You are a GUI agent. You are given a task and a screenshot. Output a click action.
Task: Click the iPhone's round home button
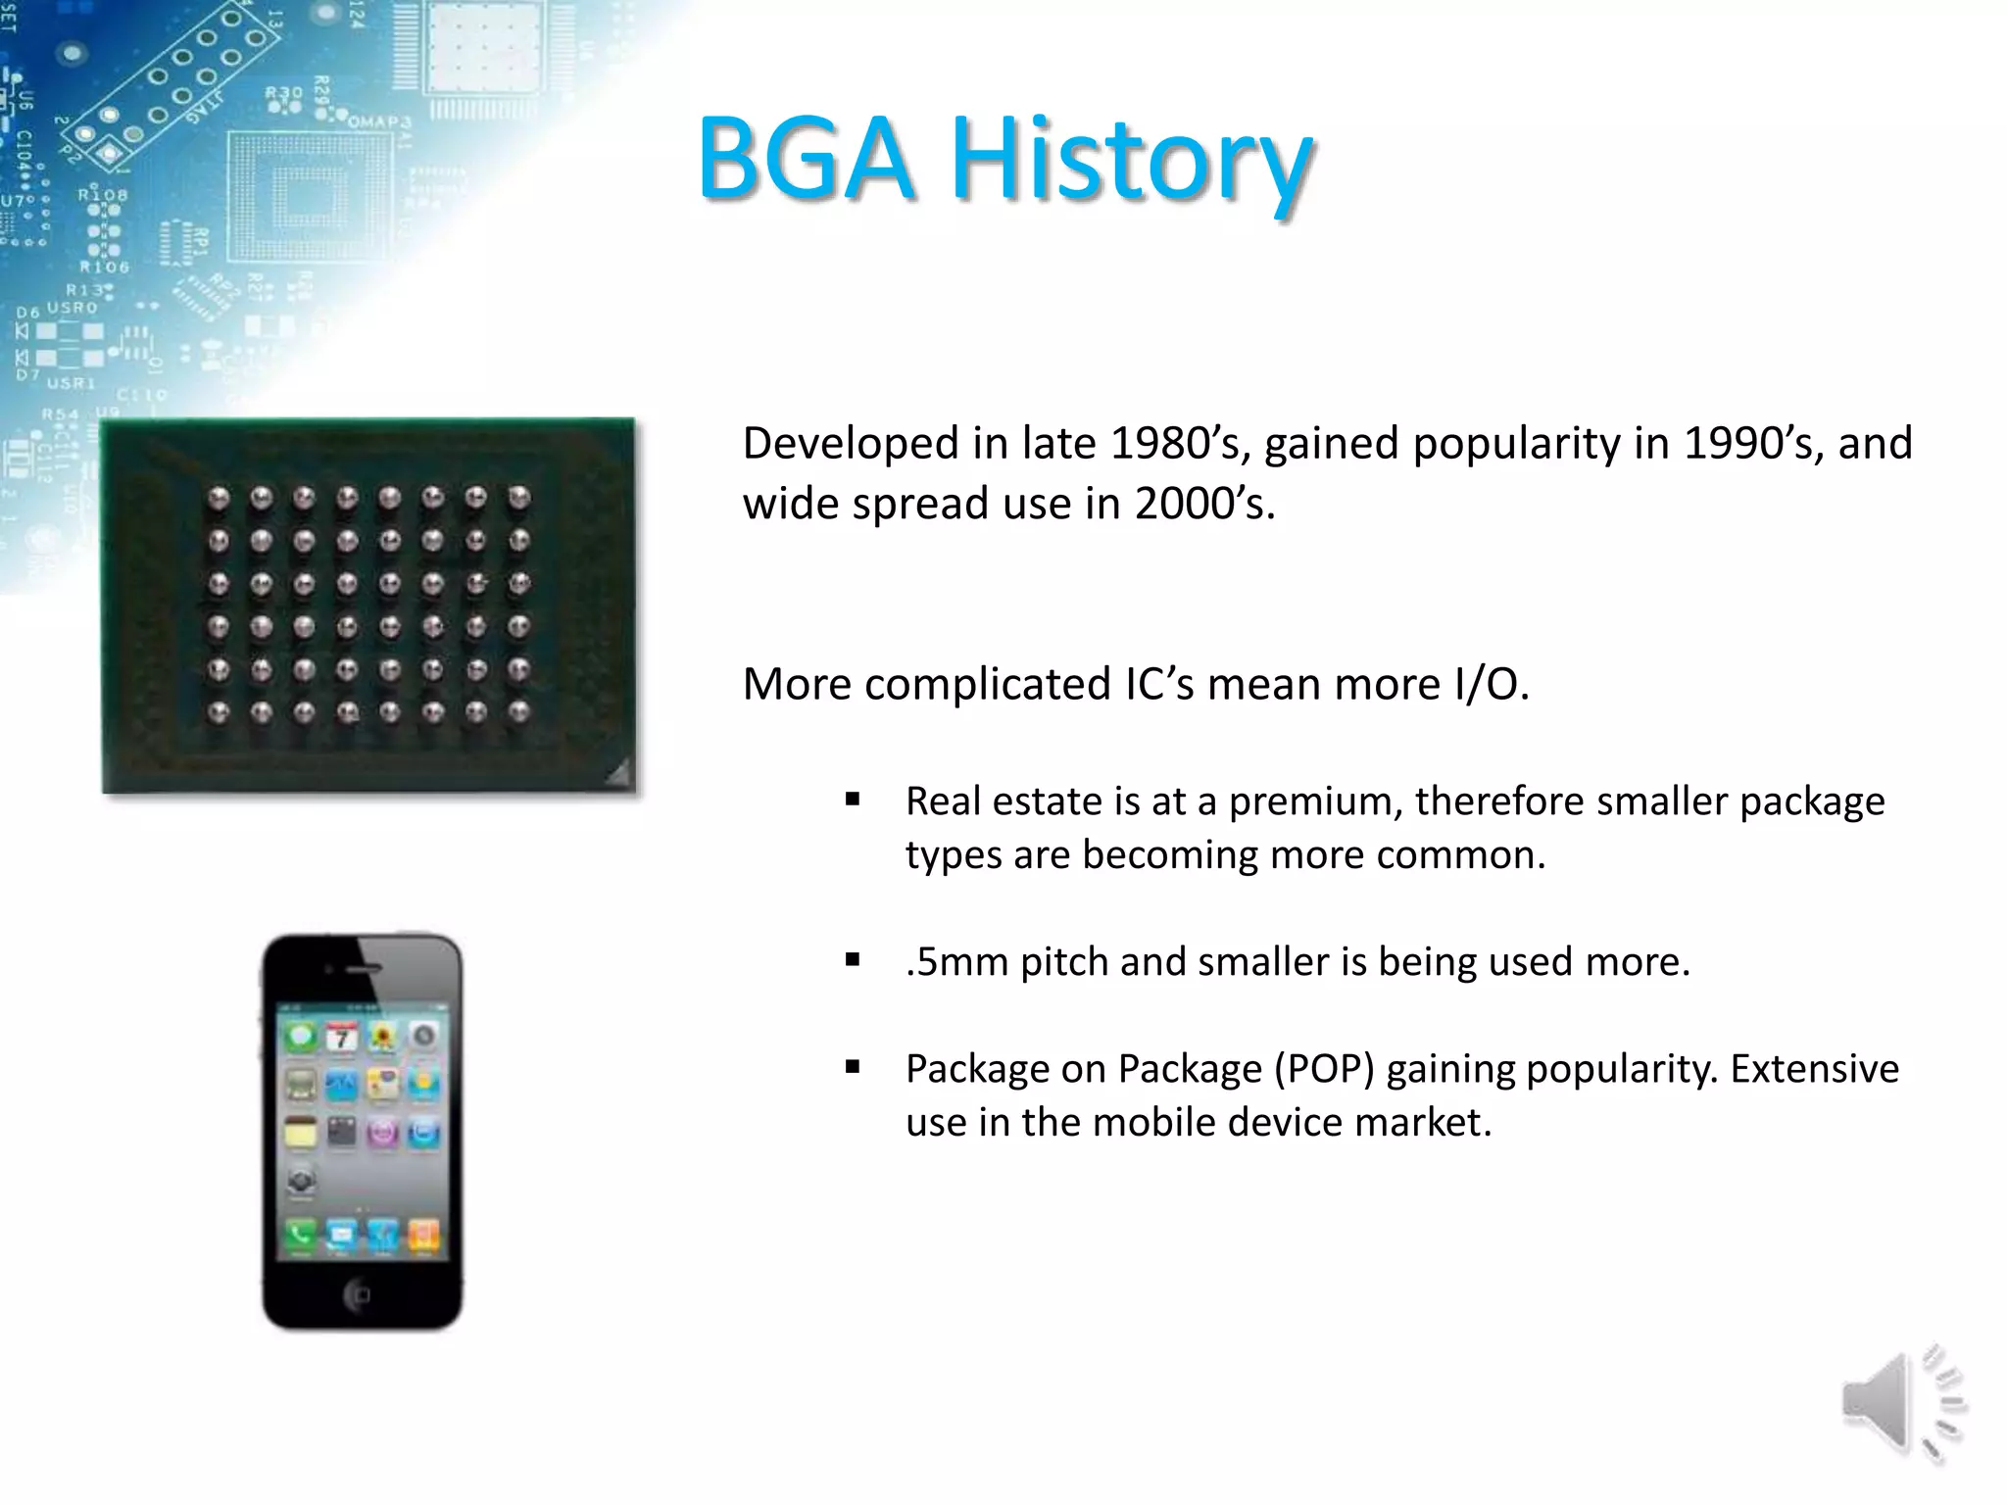[359, 1295]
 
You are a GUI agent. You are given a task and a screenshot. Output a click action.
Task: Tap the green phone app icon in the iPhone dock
[300, 1235]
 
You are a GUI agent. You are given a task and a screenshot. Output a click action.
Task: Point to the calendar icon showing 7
[341, 1037]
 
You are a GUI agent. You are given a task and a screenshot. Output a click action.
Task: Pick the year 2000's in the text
[1204, 504]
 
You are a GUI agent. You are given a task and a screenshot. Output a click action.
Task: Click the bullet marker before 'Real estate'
[853, 800]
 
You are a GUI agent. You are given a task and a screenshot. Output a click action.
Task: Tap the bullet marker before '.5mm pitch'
[853, 960]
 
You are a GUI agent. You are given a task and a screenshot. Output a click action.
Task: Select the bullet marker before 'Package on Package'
[853, 1067]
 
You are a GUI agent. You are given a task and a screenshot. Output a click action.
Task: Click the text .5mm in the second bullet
[956, 962]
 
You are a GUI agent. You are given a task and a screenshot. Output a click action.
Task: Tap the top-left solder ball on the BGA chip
[219, 498]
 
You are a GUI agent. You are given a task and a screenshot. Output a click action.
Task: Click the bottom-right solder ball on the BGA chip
[519, 712]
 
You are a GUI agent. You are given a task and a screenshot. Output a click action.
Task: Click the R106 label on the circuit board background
[104, 267]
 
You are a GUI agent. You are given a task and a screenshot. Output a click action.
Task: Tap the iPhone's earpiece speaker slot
[364, 968]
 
